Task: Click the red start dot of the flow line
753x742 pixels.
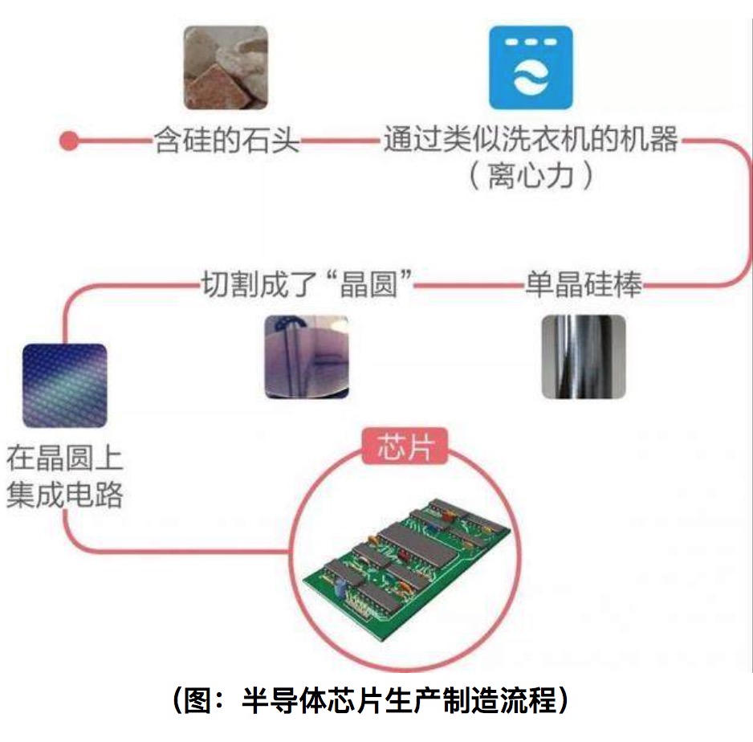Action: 70,142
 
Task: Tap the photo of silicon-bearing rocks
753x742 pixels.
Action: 226,67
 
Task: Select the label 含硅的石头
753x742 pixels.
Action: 226,142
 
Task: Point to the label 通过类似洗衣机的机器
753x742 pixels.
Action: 530,141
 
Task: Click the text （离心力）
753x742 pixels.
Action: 531,176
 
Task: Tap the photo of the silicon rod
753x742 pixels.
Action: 583,356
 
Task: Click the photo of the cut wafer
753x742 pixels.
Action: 307,357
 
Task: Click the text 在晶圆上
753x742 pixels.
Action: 64,460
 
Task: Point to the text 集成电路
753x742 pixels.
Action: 64,495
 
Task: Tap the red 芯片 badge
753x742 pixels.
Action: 405,447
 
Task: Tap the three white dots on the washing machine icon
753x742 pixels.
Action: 531,42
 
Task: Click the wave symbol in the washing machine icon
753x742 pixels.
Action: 531,79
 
